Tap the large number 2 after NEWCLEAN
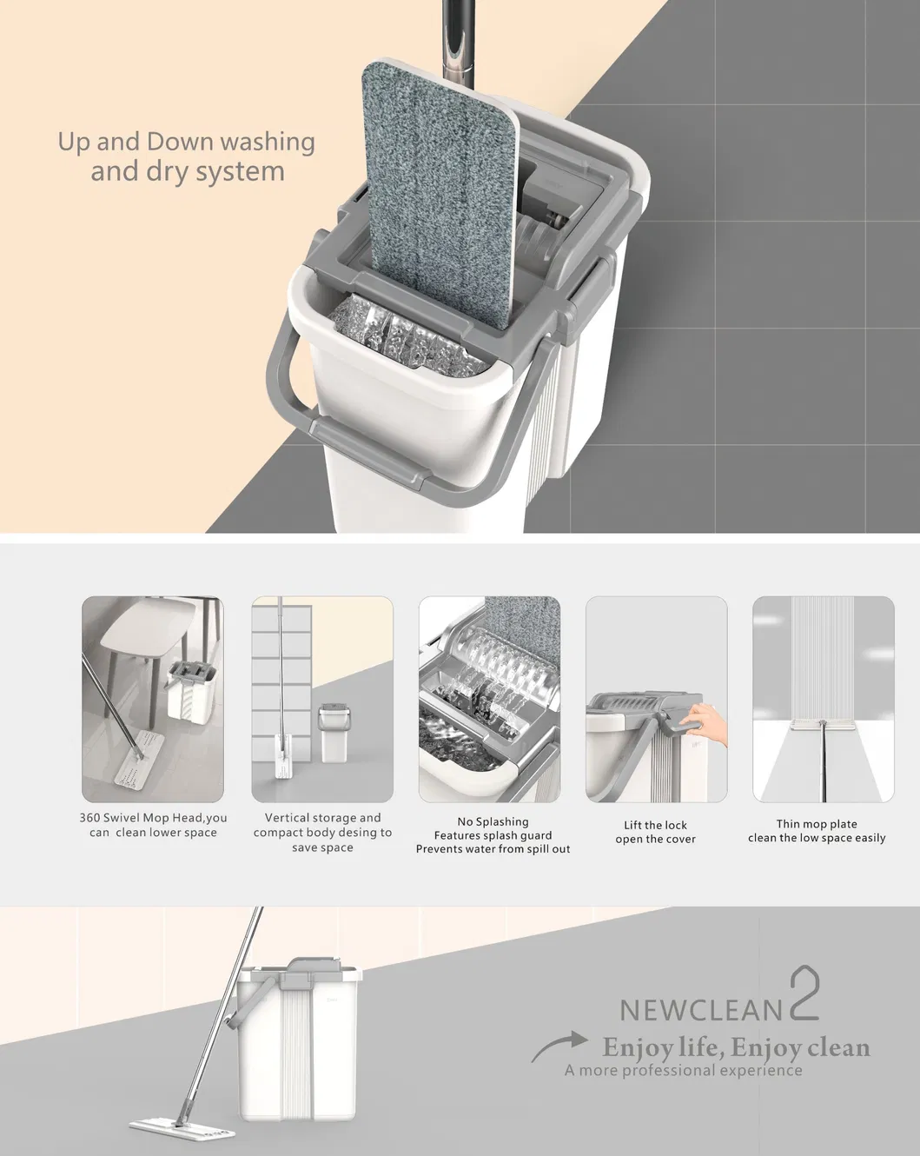click(x=804, y=996)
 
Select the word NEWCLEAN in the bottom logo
click(x=700, y=1009)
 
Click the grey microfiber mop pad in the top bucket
click(x=439, y=191)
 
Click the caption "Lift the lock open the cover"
click(x=655, y=832)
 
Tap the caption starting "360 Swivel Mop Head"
click(x=153, y=825)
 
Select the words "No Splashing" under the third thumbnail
click(x=493, y=821)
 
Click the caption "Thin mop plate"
click(x=817, y=824)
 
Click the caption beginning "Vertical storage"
click(x=322, y=818)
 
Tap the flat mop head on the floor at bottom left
click(x=182, y=1127)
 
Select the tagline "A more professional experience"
click(x=683, y=1070)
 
